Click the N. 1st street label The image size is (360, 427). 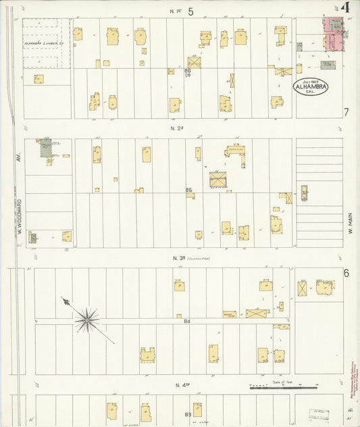178,11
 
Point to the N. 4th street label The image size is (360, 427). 180,385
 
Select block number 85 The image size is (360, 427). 190,191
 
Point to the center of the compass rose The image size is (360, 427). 86,320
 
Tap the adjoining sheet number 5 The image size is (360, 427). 191,11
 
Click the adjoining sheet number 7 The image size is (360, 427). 346,112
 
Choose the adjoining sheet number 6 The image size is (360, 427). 346,273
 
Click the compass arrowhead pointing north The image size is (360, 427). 65,301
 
